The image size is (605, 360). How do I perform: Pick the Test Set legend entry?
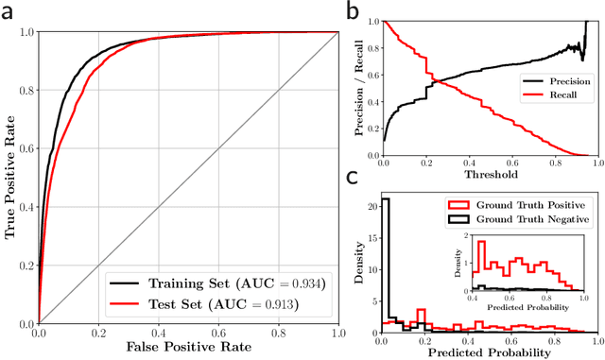pyautogui.click(x=199, y=305)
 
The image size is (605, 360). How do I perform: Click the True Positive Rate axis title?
pyautogui.click(x=11, y=178)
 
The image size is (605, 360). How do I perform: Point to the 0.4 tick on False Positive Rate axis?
pyautogui.click(x=160, y=334)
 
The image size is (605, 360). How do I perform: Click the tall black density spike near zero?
pyautogui.click(x=386, y=265)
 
